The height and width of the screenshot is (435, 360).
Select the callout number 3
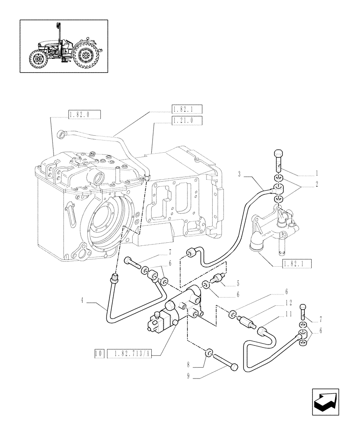point(240,174)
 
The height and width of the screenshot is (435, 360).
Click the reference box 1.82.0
point(84,115)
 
